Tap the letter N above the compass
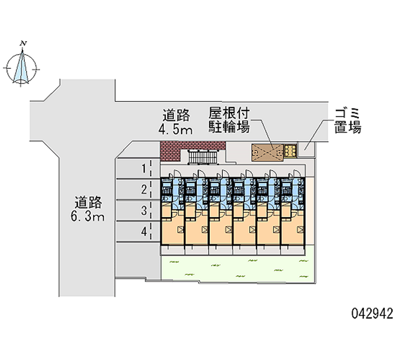coord(22,44)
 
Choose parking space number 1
coord(144,169)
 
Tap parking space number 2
coord(144,189)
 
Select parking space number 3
coord(144,210)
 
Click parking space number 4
coord(144,231)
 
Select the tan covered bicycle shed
coord(267,152)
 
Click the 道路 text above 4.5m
coord(176,116)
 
